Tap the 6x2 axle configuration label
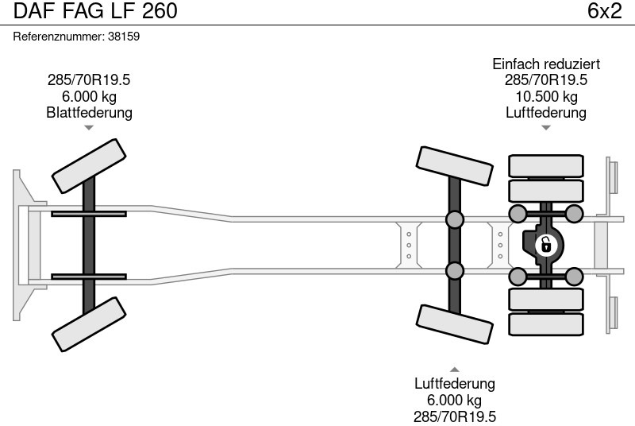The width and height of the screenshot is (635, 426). coord(603,11)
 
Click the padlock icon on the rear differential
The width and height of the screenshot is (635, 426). coord(545,245)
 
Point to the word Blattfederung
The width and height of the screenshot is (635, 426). coord(89,113)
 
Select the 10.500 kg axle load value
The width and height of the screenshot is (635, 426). coord(546,97)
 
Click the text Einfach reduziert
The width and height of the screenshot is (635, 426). coord(546,64)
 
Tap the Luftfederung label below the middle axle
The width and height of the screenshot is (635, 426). coord(455,384)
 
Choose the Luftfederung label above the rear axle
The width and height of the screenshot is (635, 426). coord(546,113)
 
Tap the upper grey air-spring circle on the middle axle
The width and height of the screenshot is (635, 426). coord(455,219)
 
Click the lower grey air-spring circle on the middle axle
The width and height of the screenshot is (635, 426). coord(455,270)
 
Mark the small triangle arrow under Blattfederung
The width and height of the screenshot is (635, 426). coord(89,127)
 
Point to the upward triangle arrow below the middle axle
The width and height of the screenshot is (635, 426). coord(455,369)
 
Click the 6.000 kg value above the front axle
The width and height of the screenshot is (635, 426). coord(89,97)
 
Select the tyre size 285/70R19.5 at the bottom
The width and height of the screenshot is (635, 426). coord(455,416)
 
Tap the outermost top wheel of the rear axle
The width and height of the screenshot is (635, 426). coord(546,165)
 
